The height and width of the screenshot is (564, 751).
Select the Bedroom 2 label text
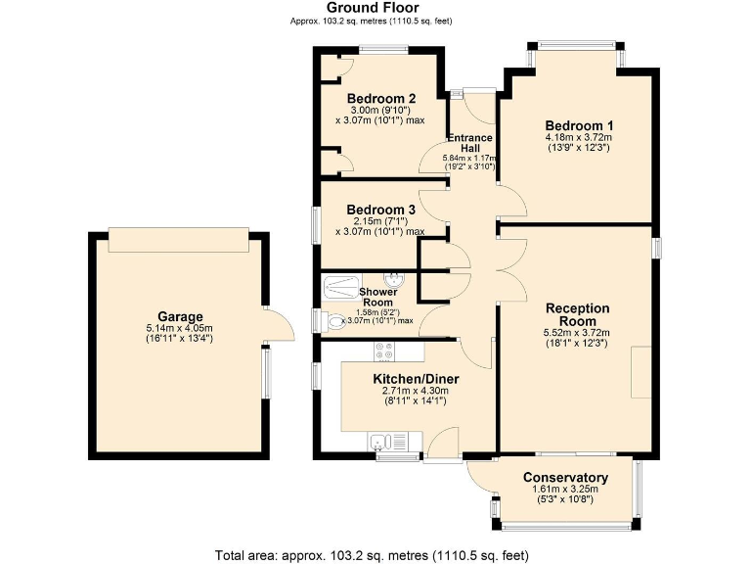pos(381,98)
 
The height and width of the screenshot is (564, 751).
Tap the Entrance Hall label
pos(469,143)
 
